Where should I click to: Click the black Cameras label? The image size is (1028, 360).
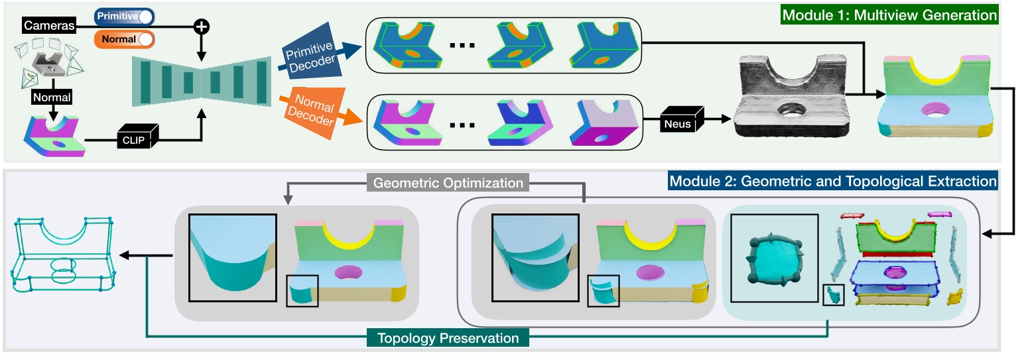click(49, 26)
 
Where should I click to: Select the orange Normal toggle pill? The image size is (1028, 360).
click(124, 39)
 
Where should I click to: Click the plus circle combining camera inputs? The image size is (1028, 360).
click(201, 27)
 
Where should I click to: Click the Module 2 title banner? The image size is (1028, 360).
click(832, 180)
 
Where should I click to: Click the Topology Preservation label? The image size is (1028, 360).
click(448, 338)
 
